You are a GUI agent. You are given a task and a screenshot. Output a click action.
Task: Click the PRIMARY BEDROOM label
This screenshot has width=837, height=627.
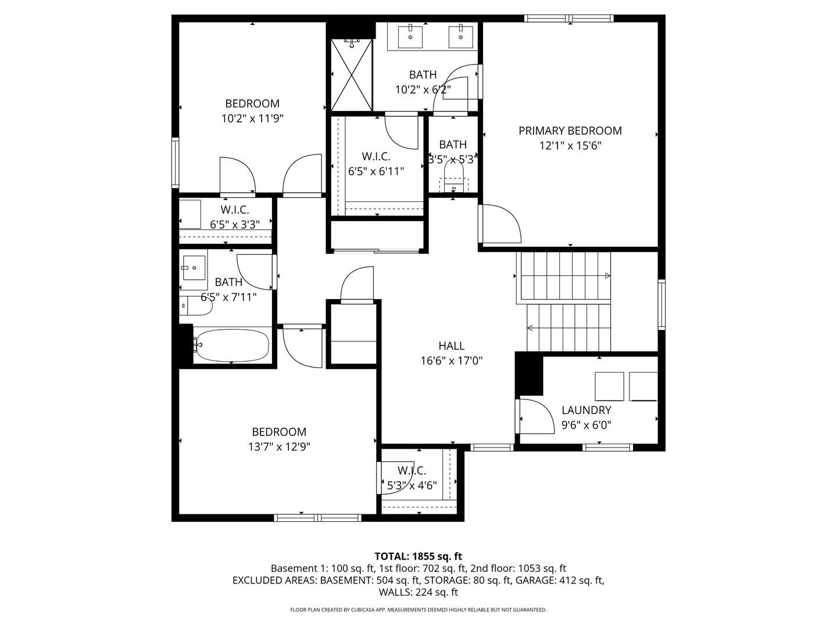tap(570, 131)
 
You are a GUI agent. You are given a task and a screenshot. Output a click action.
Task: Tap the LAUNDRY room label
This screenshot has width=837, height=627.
tap(586, 410)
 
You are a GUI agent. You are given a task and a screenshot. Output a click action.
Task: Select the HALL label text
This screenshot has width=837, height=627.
tap(452, 345)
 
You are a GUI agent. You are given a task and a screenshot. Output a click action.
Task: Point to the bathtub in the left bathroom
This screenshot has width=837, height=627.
tap(233, 345)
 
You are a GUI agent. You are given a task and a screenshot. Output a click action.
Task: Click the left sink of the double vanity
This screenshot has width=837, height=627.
tap(410, 37)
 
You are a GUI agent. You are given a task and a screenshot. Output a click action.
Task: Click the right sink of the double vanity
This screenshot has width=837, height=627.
tap(460, 37)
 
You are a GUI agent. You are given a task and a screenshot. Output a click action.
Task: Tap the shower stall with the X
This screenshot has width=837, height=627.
tap(351, 75)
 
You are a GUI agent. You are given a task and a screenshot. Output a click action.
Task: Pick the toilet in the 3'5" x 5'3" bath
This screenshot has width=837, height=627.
tap(454, 177)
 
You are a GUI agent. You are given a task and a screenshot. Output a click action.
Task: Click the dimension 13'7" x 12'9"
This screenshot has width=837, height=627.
tap(279, 446)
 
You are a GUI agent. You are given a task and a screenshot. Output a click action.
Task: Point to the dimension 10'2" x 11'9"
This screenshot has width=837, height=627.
tap(252, 118)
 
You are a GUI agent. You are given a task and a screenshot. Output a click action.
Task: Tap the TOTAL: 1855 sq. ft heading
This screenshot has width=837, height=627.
tap(419, 556)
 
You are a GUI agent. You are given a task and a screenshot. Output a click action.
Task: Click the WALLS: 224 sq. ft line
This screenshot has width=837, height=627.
tap(419, 592)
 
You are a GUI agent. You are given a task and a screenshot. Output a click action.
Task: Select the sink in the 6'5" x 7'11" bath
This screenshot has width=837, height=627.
tap(194, 268)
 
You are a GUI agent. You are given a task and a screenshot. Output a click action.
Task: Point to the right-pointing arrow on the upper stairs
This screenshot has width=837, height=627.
tap(607, 276)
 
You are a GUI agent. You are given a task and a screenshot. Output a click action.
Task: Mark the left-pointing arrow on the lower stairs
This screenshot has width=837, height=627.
tap(530, 328)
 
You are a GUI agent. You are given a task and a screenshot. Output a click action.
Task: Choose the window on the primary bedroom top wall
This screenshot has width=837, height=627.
tap(568, 18)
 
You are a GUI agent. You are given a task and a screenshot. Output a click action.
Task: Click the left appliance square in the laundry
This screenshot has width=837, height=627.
tap(609, 387)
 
